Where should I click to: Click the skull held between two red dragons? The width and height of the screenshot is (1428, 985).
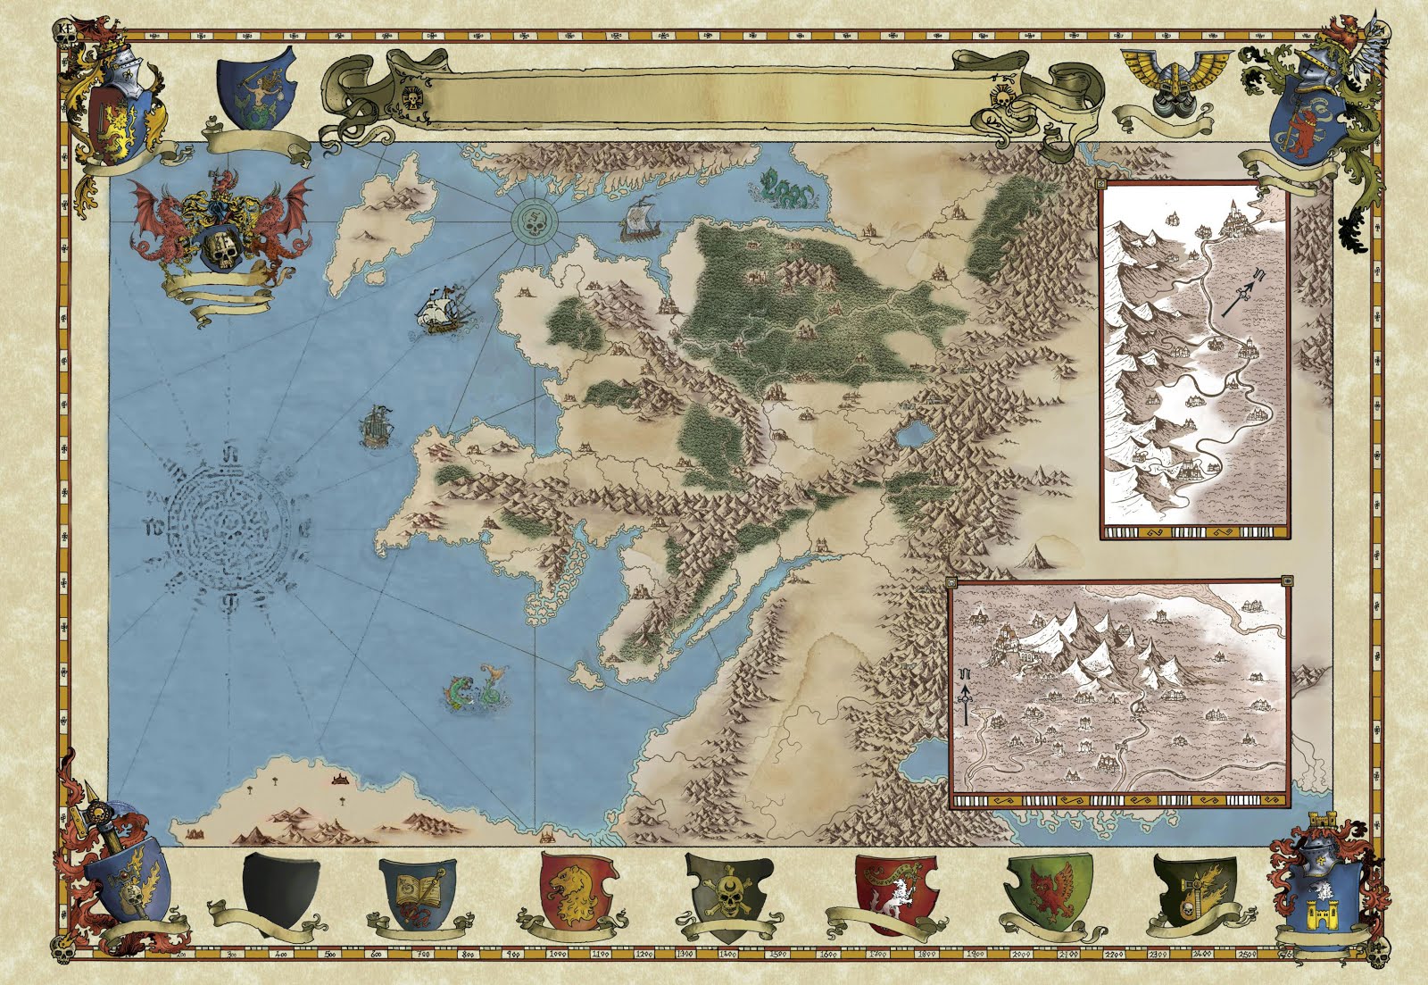pos(220,250)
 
